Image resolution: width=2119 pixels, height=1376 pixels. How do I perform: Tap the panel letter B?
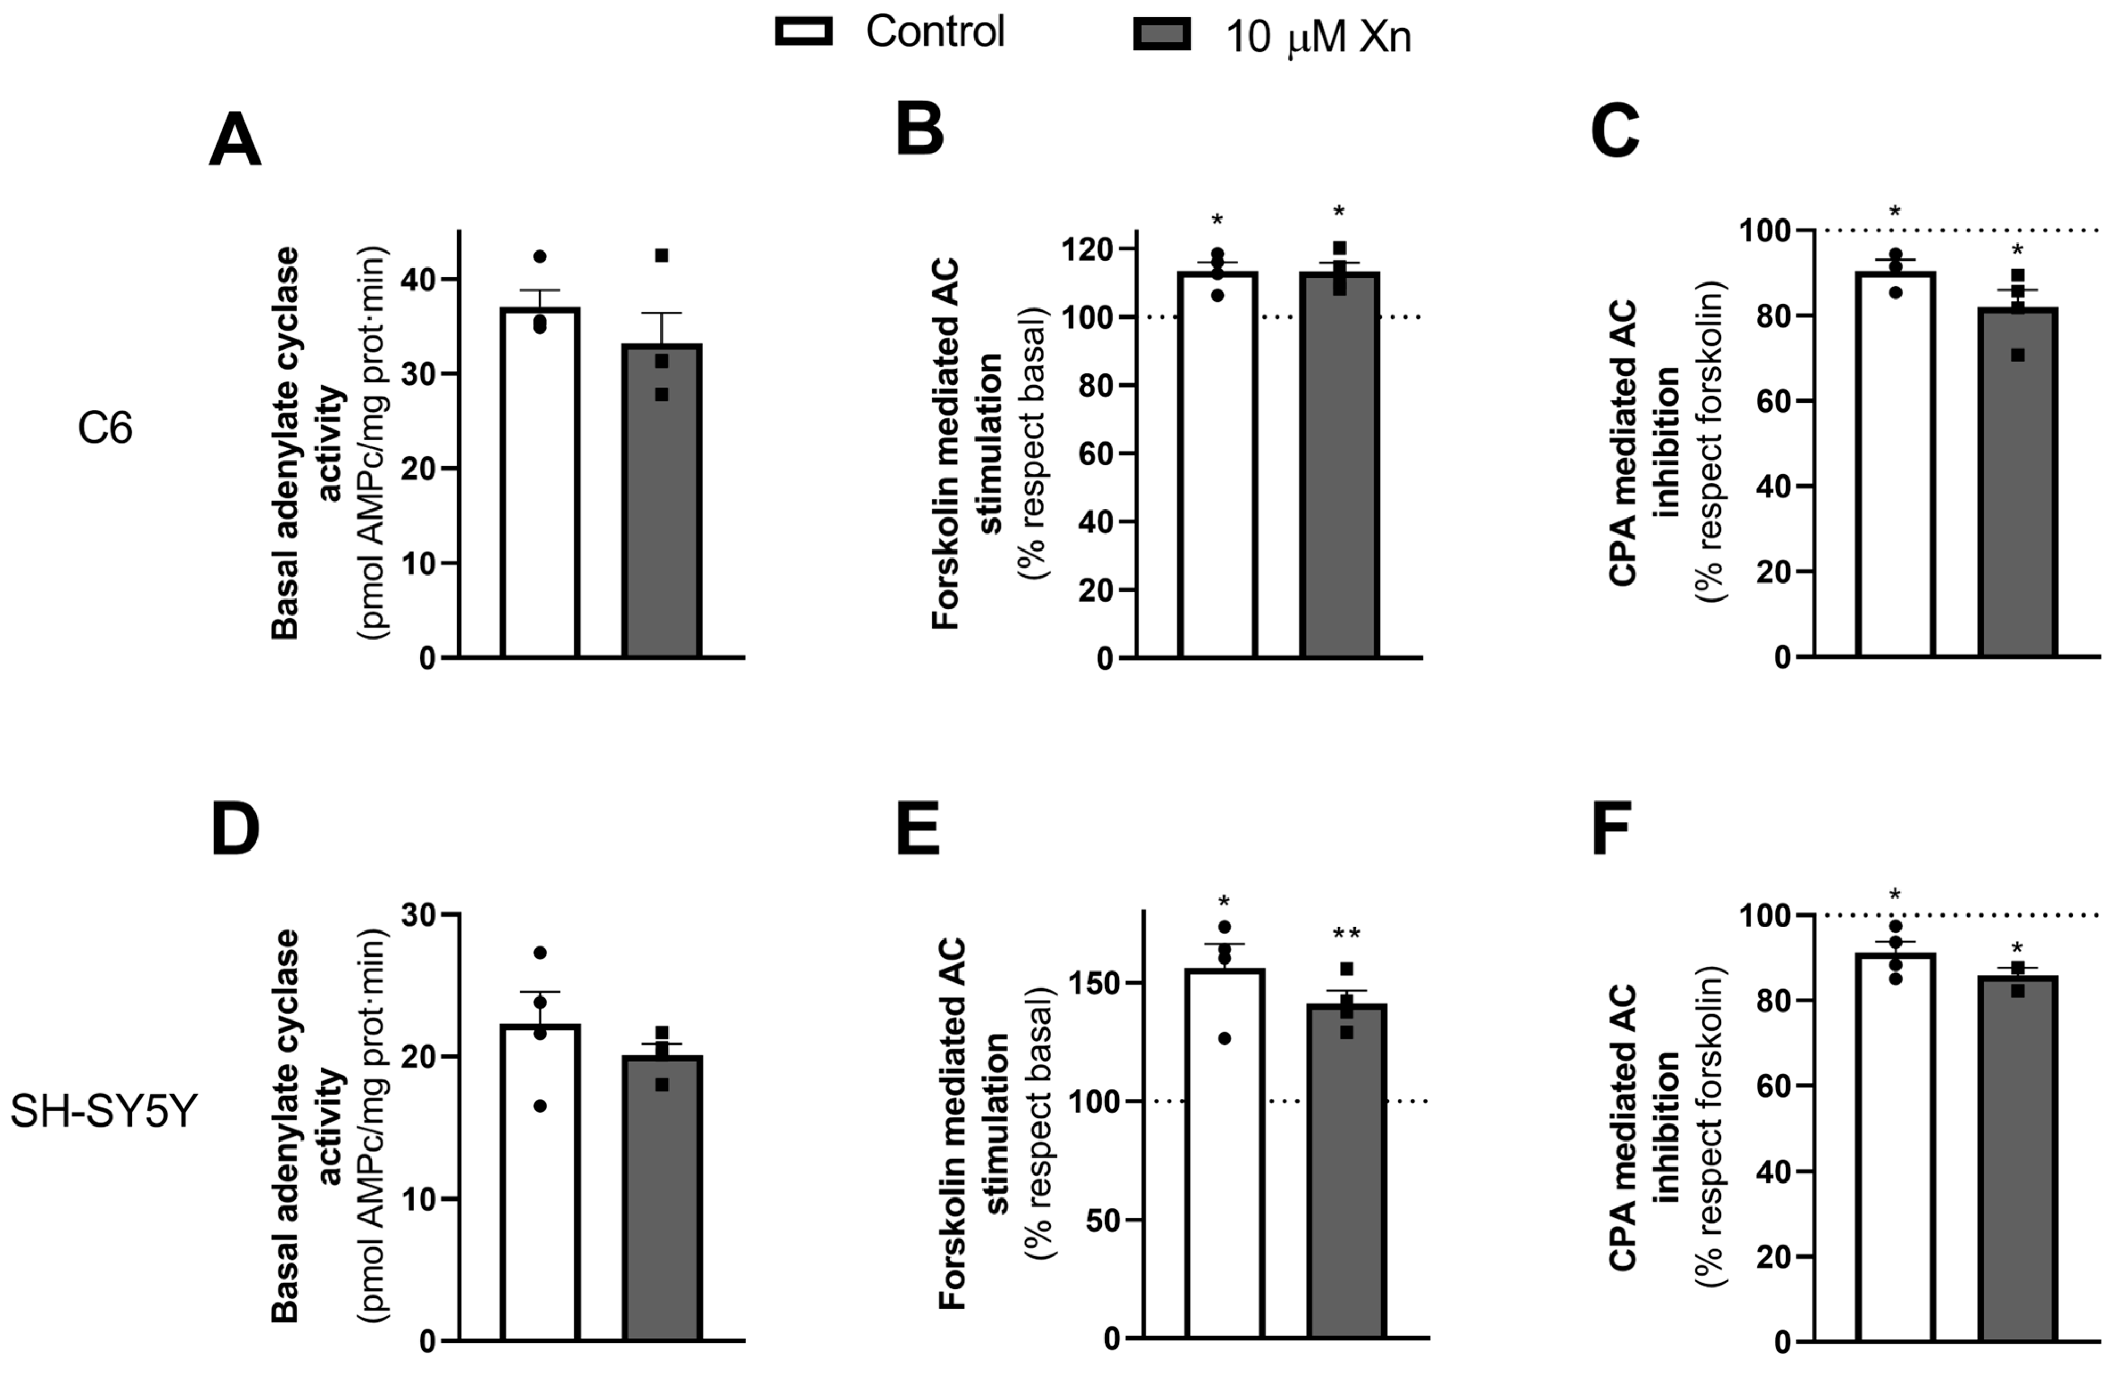point(919,131)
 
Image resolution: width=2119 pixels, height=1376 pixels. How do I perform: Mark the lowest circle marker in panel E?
point(1225,1038)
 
